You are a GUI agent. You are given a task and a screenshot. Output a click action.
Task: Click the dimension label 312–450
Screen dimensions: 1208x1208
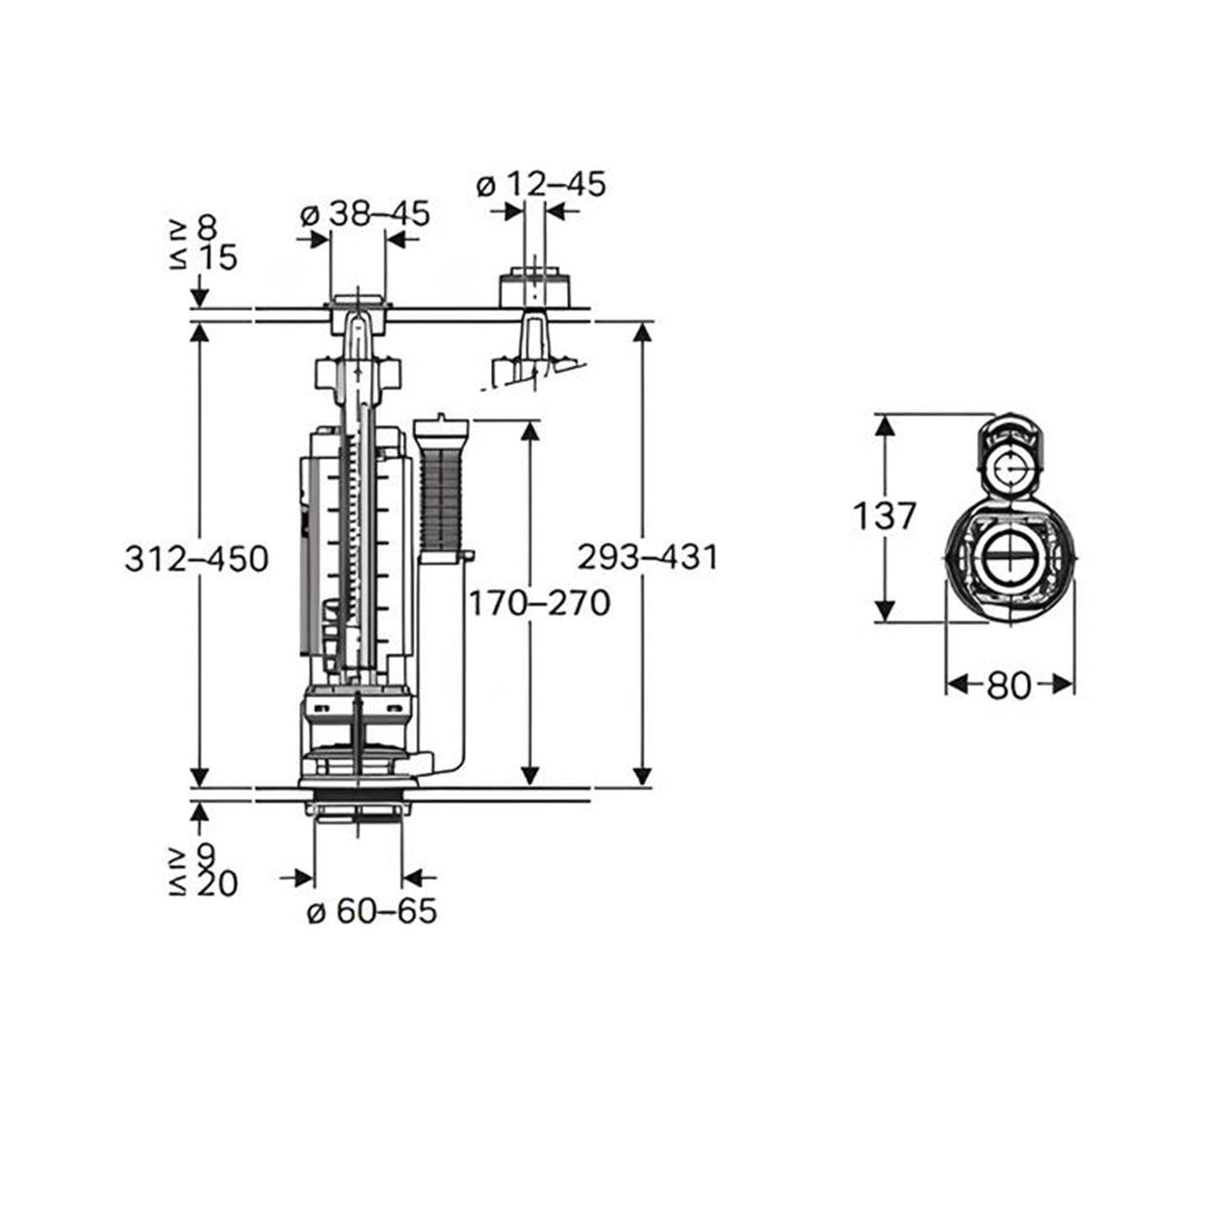(197, 558)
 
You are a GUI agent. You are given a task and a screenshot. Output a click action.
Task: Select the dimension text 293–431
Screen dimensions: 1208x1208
(647, 556)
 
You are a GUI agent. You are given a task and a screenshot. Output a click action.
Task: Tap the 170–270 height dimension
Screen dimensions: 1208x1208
(540, 603)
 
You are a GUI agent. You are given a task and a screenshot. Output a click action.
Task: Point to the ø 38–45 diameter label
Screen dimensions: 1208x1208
(365, 214)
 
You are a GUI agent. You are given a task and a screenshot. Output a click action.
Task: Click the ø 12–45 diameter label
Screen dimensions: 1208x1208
(541, 185)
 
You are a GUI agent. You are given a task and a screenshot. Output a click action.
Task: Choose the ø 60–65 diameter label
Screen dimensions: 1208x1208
(372, 911)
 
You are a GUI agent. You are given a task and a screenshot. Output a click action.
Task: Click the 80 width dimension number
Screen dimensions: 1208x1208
(1008, 685)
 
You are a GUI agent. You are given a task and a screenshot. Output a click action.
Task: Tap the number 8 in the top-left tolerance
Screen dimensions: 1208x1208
(208, 229)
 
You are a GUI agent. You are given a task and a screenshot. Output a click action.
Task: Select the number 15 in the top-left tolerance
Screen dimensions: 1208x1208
(217, 257)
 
